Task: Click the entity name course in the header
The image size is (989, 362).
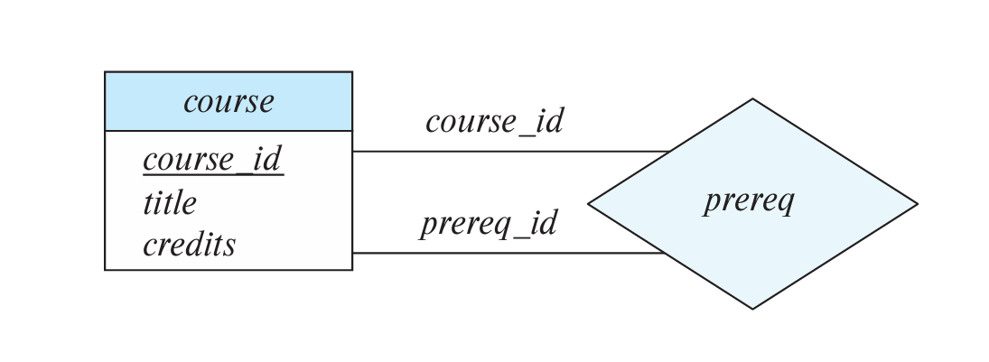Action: [x=229, y=101]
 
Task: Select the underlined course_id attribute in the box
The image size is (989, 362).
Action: [x=213, y=160]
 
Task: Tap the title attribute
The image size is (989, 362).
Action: [x=170, y=203]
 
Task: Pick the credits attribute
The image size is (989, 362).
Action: [x=190, y=245]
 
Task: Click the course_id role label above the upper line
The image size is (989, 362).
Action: [x=494, y=121]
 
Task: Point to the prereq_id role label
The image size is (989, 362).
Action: [x=489, y=223]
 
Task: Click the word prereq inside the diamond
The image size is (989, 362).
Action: [x=749, y=200]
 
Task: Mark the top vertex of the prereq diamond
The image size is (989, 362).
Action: [x=752, y=99]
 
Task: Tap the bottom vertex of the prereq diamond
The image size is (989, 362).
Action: [x=752, y=309]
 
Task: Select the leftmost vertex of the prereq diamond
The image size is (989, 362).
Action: [x=589, y=204]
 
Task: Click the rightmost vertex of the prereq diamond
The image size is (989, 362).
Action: [x=917, y=204]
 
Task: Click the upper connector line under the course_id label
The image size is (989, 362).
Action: [x=506, y=152]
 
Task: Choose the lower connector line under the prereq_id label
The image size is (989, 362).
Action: [x=506, y=253]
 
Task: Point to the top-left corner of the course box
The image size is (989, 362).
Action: [x=106, y=72]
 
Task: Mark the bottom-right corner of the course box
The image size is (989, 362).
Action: [x=351, y=269]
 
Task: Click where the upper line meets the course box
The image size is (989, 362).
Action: [x=352, y=152]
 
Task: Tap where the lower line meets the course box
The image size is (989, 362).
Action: [x=352, y=253]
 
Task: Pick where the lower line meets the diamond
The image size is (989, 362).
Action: [x=666, y=253]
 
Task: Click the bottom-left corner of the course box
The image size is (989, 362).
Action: [x=106, y=269]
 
